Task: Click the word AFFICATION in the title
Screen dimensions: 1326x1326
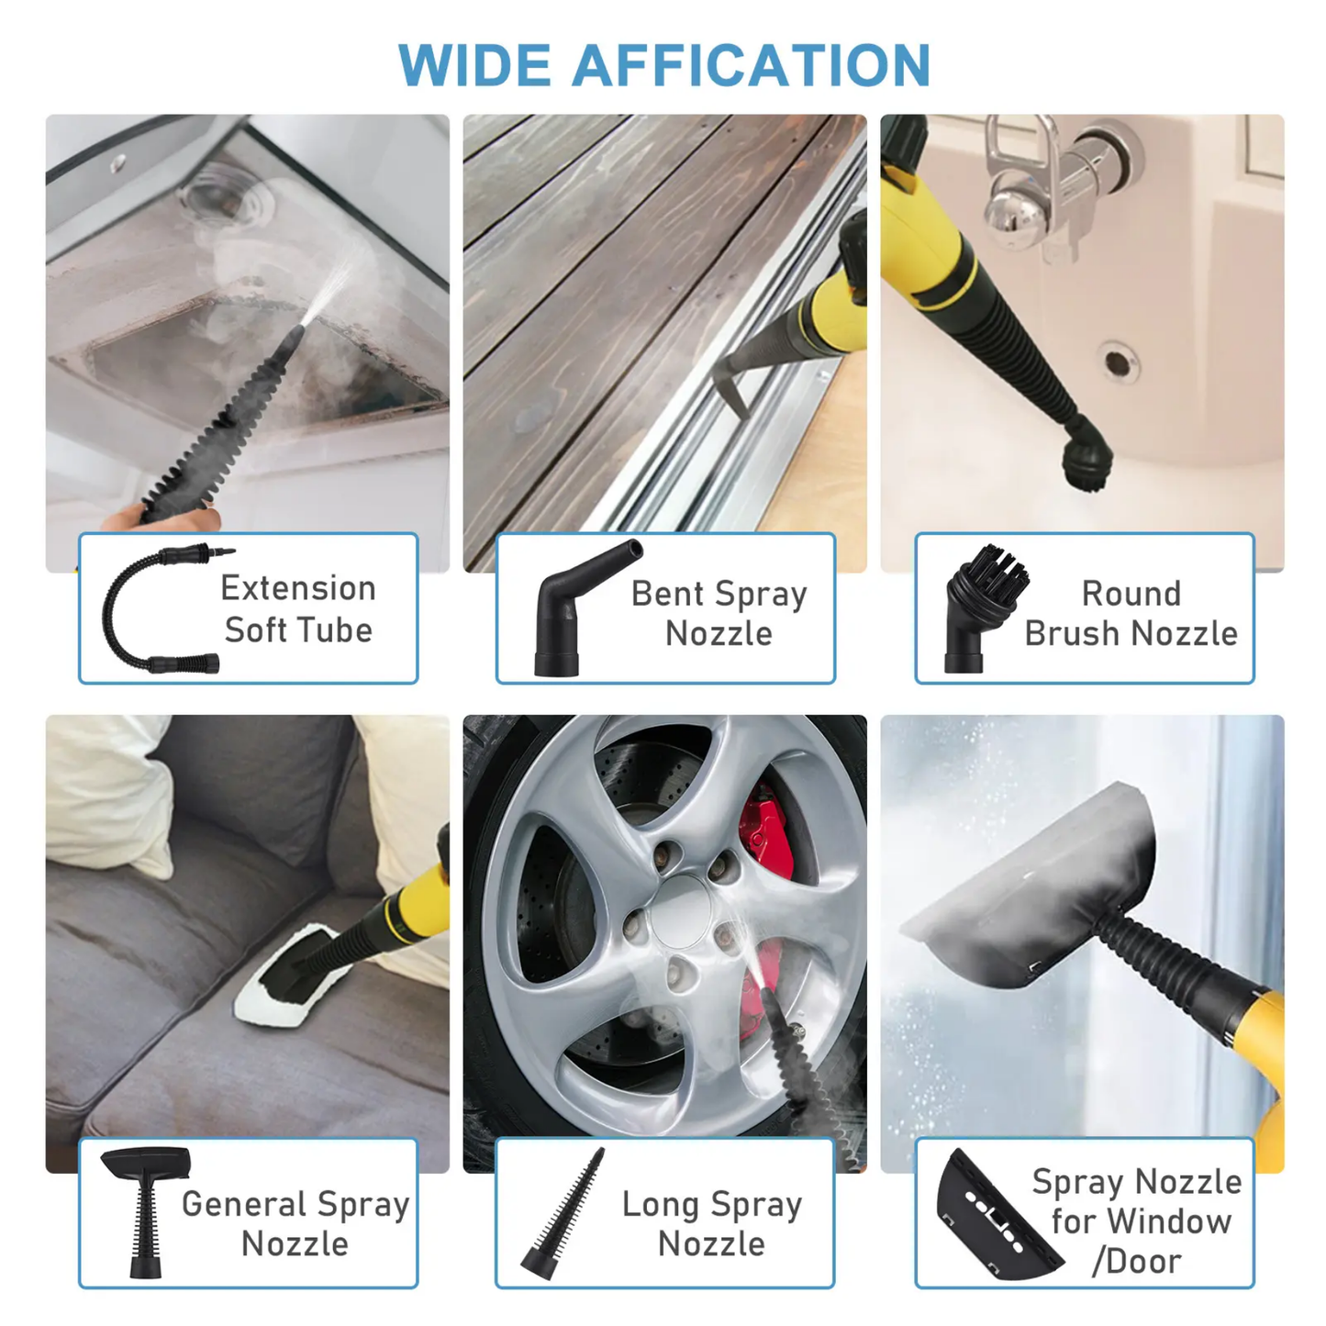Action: pyautogui.click(x=752, y=65)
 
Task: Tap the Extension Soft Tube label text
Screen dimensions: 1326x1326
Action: pyautogui.click(x=298, y=608)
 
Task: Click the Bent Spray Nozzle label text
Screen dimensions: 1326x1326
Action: pyautogui.click(x=719, y=613)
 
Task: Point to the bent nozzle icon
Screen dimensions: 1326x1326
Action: pyautogui.click(x=577, y=608)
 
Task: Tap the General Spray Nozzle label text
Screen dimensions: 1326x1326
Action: pyautogui.click(x=295, y=1223)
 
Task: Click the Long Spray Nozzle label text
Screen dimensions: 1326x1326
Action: pyautogui.click(x=711, y=1223)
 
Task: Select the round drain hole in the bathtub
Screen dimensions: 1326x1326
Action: pyautogui.click(x=1117, y=362)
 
